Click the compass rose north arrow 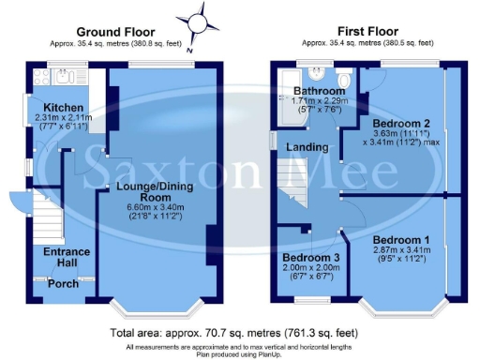(198, 20)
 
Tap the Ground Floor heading (108, 31)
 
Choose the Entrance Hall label (66, 257)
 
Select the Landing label (307, 147)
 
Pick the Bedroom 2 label (400, 123)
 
